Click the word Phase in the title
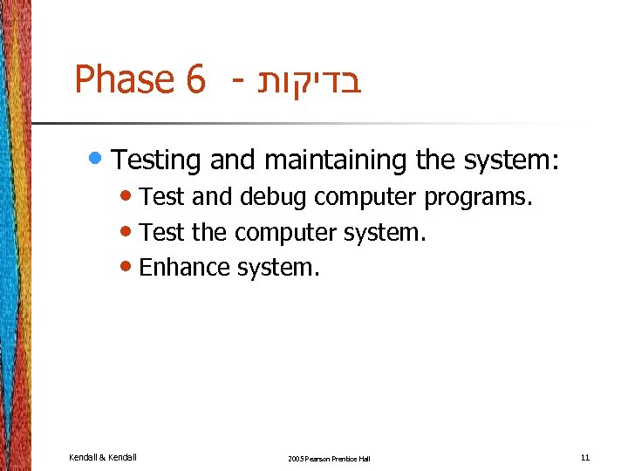coord(124,80)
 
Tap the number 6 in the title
coord(195,80)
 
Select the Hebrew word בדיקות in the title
coord(309,80)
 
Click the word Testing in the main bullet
coord(157,160)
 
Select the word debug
coord(273,197)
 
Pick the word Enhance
coord(185,267)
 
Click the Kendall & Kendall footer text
coord(102,456)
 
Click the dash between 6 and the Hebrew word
coord(236,83)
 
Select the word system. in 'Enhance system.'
coord(278,267)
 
